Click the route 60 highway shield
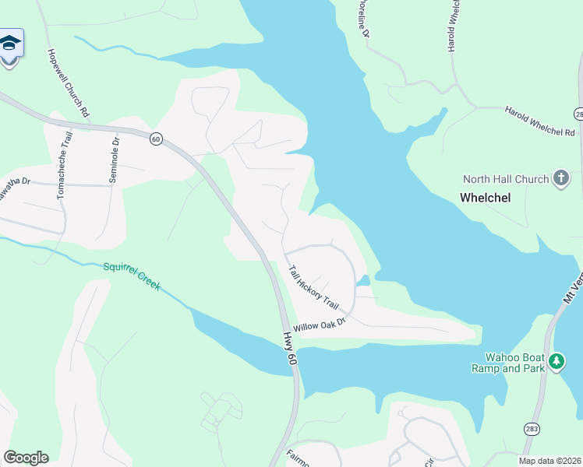click(156, 139)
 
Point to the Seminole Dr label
click(113, 160)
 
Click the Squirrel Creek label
click(132, 276)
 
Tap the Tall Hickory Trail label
click(314, 287)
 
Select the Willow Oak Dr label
click(319, 325)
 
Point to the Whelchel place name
click(485, 198)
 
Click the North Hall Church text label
click(505, 180)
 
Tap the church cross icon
click(560, 179)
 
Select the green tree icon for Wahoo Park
click(556, 361)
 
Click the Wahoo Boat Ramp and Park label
click(510, 362)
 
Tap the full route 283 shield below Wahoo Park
click(532, 429)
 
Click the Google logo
click(26, 458)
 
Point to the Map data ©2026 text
click(550, 461)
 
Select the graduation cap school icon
click(10, 44)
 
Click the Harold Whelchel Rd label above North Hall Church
click(539, 121)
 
